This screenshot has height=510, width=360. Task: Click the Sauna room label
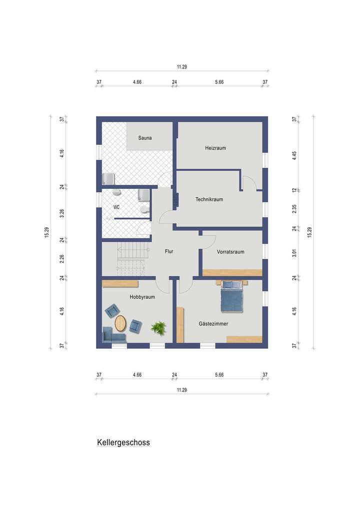pyautogui.click(x=145, y=138)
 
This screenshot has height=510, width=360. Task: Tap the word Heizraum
pyautogui.click(x=215, y=148)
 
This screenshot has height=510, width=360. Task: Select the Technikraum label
pyautogui.click(x=209, y=199)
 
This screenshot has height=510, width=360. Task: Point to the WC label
pyautogui.click(x=116, y=206)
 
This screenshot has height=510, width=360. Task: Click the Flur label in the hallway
pyautogui.click(x=169, y=251)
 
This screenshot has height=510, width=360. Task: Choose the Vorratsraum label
pyautogui.click(x=230, y=252)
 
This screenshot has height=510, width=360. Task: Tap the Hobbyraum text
pyautogui.click(x=142, y=297)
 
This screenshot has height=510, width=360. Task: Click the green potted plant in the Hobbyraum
pyautogui.click(x=158, y=328)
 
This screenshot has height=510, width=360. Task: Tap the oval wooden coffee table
pyautogui.click(x=120, y=323)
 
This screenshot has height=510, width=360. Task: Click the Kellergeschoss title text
pyautogui.click(x=123, y=443)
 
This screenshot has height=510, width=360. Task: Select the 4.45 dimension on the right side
pyautogui.click(x=295, y=155)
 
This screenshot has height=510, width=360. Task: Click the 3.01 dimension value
pyautogui.click(x=295, y=253)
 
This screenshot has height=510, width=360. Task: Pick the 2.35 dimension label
pyautogui.click(x=295, y=209)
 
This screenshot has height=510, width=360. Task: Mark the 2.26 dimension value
pyautogui.click(x=62, y=259)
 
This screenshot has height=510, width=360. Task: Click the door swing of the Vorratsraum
pyautogui.click(x=207, y=242)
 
